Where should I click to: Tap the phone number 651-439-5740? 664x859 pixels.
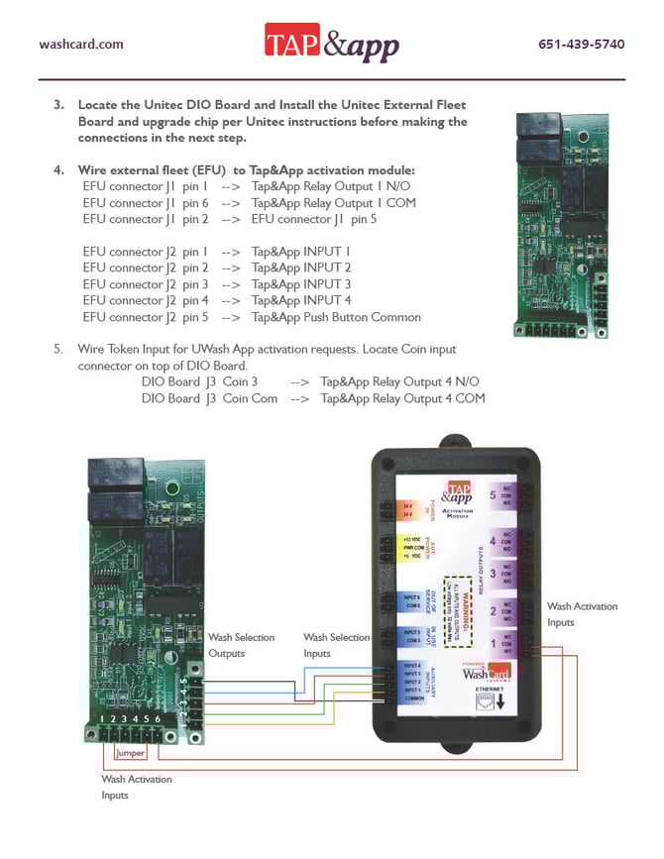581,45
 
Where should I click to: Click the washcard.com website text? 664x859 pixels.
81,45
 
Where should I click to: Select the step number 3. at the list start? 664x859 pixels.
59,104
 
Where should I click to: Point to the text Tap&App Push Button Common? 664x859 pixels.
336,317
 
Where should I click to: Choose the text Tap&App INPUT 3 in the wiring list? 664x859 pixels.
301,284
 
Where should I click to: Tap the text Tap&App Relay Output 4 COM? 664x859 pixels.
402,398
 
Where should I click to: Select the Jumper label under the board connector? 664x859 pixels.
131,753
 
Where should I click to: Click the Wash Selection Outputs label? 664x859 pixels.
241,645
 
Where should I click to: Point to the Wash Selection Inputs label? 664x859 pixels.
336,645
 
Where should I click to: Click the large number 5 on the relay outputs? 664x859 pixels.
493,495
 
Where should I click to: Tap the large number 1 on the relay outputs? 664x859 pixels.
493,643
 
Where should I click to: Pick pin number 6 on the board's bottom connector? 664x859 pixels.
157,717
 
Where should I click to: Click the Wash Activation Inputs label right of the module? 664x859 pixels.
582,614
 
